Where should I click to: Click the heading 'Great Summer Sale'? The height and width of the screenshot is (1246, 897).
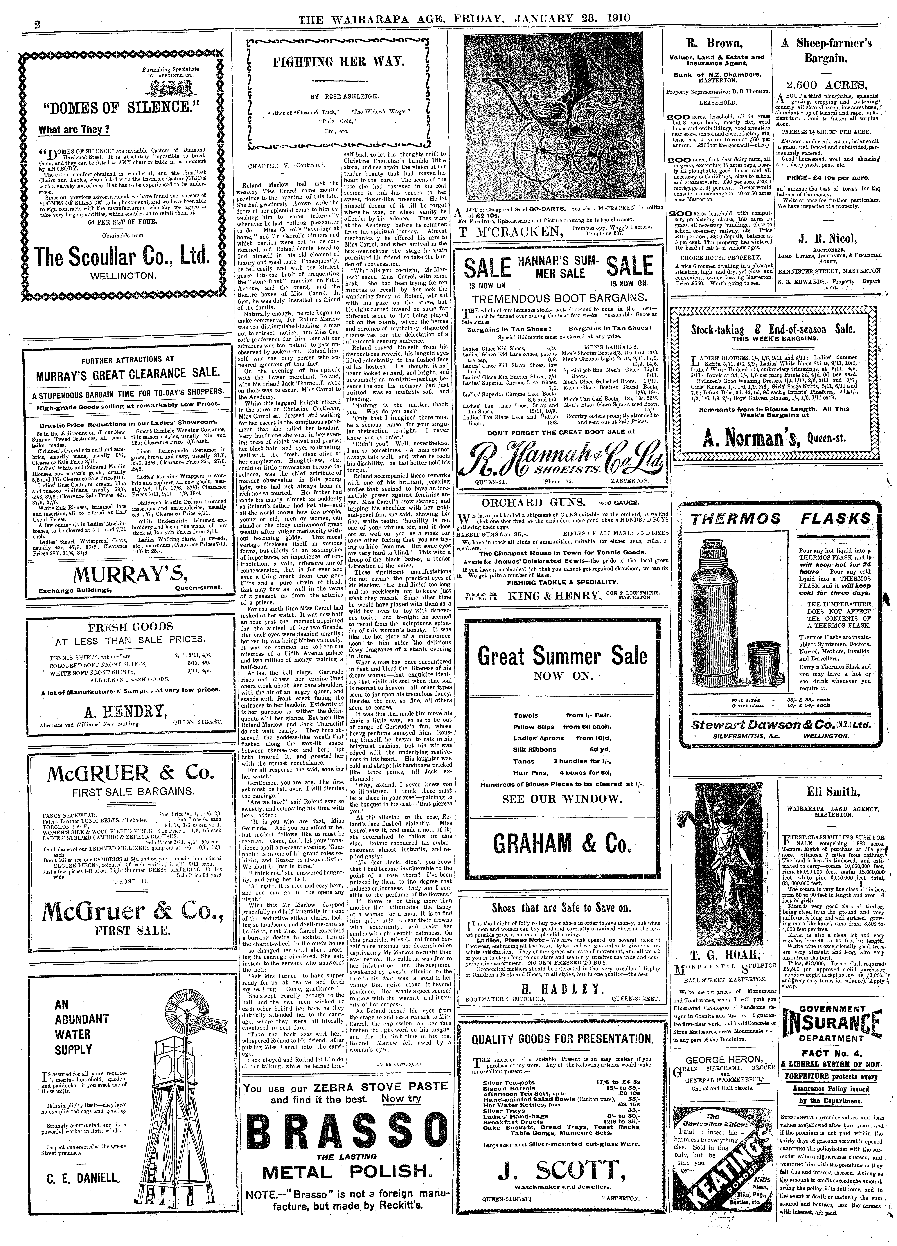[561, 656]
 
